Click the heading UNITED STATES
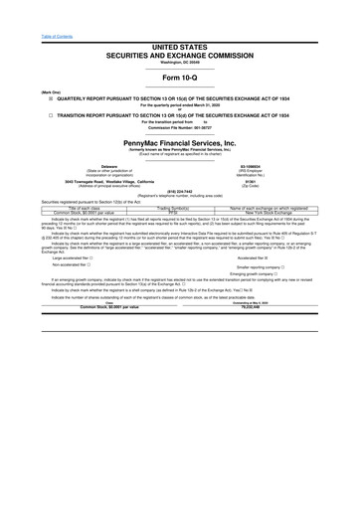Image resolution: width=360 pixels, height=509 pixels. (180, 46)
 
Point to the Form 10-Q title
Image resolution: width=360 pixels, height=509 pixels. (180, 77)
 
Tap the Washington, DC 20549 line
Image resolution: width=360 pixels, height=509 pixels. (180, 63)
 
